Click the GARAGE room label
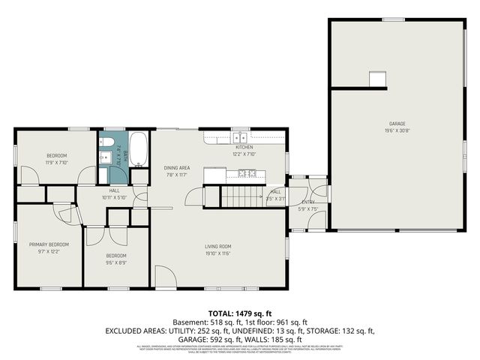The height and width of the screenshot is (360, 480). pos(397,123)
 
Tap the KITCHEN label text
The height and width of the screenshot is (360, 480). pos(244,148)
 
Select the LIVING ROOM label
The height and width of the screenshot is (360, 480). pos(218,246)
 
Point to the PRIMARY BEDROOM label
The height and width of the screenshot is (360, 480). pos(49,244)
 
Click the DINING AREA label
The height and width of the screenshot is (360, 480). pos(178,167)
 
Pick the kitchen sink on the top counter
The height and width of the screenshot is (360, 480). pos(239,138)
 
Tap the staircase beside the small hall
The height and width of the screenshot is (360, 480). pos(238,196)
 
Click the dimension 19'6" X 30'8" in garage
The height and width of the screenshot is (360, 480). pos(397,130)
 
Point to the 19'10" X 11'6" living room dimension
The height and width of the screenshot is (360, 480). pos(218,253)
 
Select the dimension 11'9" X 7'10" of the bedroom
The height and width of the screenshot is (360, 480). pos(57,162)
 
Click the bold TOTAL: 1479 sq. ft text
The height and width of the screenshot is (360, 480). pos(239,312)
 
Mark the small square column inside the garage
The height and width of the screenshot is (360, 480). pos(376,78)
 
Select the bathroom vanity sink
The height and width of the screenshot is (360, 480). pos(106,158)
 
